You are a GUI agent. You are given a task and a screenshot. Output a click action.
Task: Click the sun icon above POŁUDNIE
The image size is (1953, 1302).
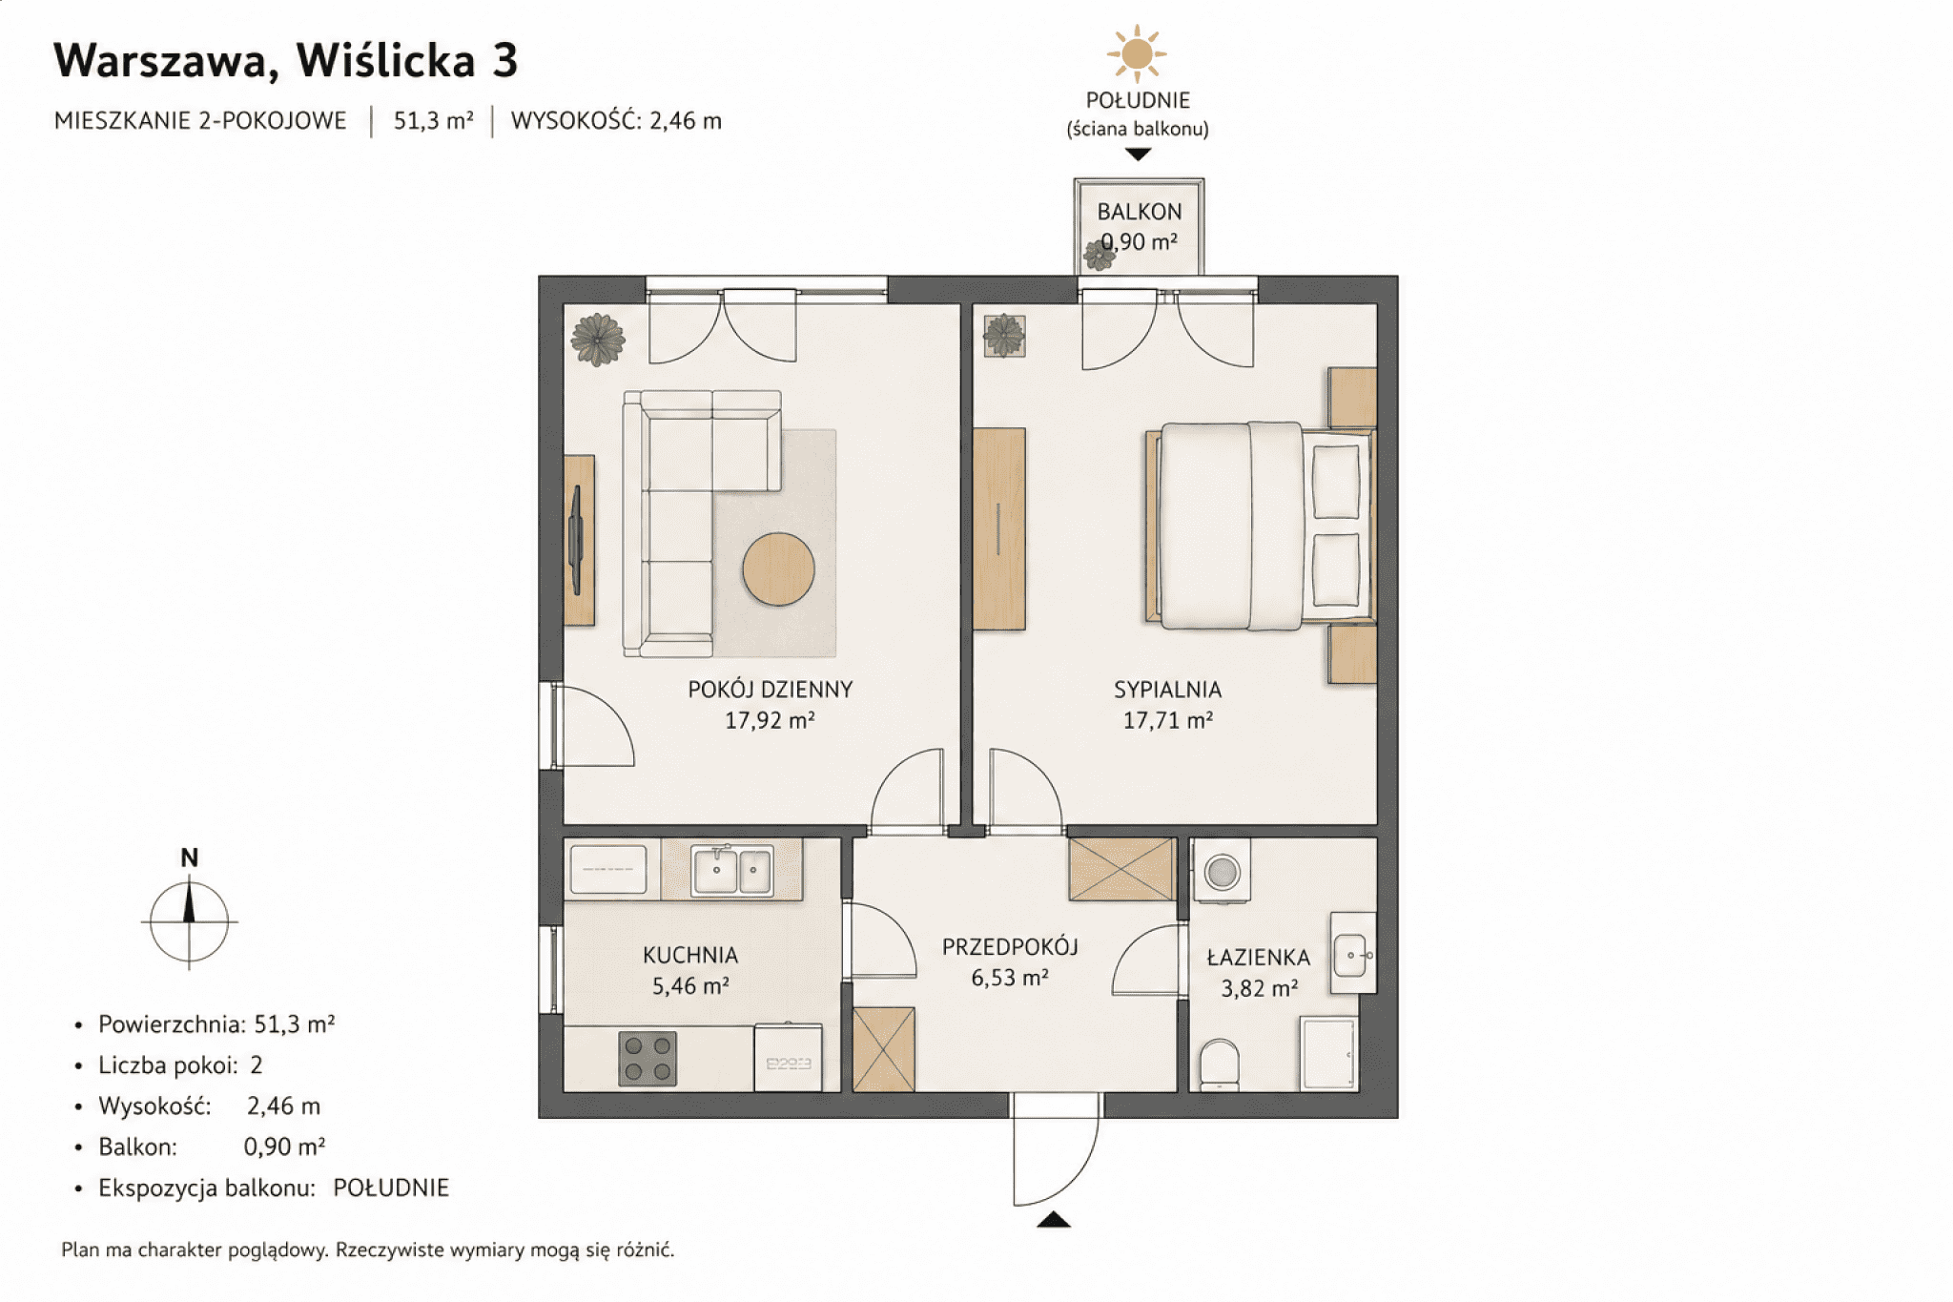coord(1137,54)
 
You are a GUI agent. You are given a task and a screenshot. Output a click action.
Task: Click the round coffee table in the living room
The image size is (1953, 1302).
coord(778,568)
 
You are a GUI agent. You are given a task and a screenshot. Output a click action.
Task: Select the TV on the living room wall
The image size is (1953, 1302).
coord(576,540)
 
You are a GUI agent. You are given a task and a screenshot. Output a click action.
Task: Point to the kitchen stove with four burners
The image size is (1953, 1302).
coord(648,1059)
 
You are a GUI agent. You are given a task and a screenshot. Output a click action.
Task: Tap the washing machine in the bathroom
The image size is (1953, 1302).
coord(1222,870)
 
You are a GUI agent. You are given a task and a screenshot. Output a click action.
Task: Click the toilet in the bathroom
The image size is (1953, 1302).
coord(1219,1064)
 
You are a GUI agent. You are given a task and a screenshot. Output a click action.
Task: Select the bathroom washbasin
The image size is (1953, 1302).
coord(1353,952)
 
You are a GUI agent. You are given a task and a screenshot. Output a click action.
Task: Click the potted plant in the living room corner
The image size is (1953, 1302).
coord(597,340)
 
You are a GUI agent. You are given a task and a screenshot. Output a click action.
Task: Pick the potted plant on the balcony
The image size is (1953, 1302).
coord(1100,255)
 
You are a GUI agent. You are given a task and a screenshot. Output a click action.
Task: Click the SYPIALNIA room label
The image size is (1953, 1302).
coord(1167,690)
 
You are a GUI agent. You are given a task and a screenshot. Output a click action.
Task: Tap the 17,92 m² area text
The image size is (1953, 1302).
coord(770,720)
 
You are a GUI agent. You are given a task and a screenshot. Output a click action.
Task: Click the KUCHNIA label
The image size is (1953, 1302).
coord(690,955)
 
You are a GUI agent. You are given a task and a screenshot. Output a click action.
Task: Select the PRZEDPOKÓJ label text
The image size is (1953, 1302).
coord(1010,946)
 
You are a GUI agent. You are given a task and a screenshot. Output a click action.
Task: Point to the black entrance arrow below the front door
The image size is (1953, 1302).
coord(1054,1219)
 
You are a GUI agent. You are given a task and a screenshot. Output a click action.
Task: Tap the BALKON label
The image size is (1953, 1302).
coord(1140,212)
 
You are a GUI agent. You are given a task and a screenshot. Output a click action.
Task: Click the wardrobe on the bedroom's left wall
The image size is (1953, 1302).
coord(998,528)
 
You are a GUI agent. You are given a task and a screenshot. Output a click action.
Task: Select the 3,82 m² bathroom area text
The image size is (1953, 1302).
coord(1259,988)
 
